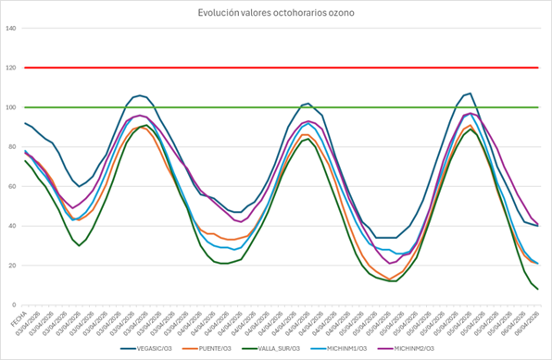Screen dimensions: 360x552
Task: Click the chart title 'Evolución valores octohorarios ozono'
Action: click(x=276, y=12)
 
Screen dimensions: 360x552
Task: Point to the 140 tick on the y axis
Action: click(x=11, y=28)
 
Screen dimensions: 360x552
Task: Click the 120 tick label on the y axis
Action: click(x=11, y=68)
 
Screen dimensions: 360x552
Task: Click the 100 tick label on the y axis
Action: click(x=11, y=107)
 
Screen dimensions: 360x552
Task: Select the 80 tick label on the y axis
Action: click(x=13, y=147)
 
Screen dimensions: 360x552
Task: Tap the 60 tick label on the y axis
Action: click(x=13, y=186)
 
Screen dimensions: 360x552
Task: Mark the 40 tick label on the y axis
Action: click(x=13, y=226)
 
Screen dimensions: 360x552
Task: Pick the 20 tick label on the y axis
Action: click(x=13, y=266)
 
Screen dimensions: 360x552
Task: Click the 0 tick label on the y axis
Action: click(x=15, y=305)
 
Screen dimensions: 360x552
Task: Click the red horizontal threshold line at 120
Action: click(x=278, y=68)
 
